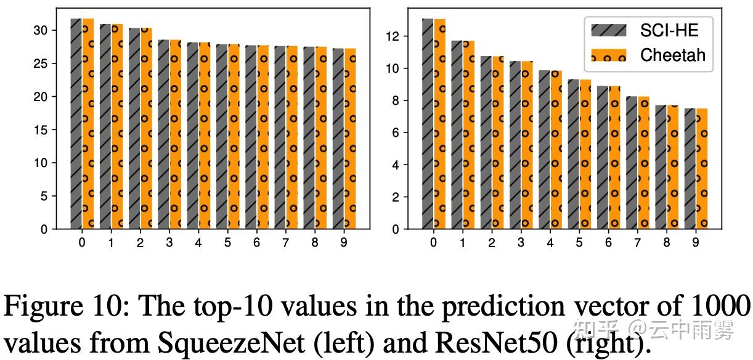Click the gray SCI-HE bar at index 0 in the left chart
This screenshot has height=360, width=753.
pyautogui.click(x=76, y=123)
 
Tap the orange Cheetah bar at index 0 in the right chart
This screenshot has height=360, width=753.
pyautogui.click(x=439, y=123)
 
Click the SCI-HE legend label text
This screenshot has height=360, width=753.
pyautogui.click(x=669, y=29)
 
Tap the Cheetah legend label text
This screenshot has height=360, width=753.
pyautogui.click(x=673, y=55)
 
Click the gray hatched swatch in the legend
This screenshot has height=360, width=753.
pyautogui.click(x=609, y=29)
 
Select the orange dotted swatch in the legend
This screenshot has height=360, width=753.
pyautogui.click(x=609, y=55)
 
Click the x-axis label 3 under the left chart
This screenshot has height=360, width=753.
pyautogui.click(x=169, y=243)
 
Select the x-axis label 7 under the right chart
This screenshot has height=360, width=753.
pyautogui.click(x=637, y=243)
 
